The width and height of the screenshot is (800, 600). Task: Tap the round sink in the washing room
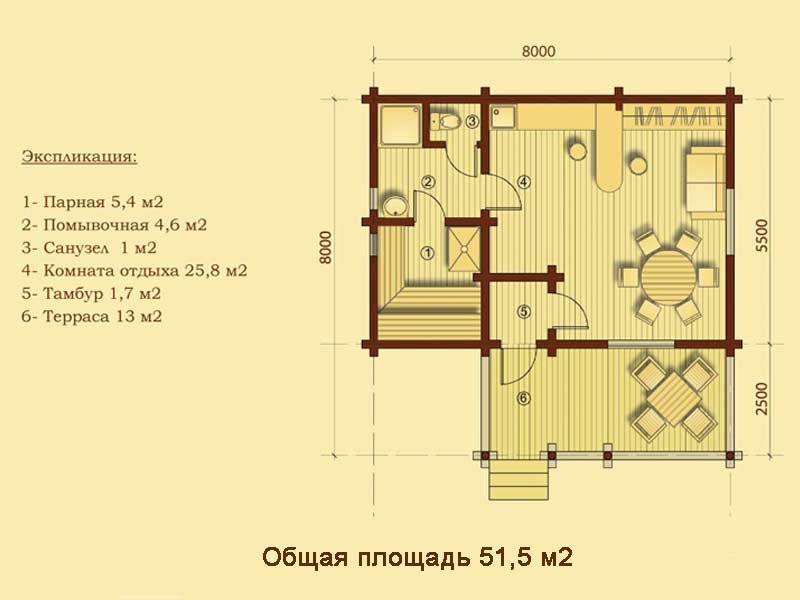point(395,206)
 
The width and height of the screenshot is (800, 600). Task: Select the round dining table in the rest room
point(668,276)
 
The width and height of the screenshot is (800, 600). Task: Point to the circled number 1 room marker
point(428,252)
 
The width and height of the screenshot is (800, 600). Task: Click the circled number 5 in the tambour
point(524,311)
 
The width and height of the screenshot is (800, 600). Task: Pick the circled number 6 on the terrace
point(524,398)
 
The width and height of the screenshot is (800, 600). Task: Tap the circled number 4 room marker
point(523,181)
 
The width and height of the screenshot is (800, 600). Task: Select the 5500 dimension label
point(762,235)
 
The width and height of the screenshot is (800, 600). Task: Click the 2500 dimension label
point(761,398)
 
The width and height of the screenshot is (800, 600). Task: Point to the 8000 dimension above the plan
point(539,52)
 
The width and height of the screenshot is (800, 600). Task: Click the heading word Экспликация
point(80,156)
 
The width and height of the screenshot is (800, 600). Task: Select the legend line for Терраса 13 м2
point(92,316)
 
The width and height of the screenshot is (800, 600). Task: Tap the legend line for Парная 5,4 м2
point(92,202)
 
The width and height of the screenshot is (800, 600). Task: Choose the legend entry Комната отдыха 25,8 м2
point(134,270)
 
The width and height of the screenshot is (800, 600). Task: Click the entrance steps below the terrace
point(520,480)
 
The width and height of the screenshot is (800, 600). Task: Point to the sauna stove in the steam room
point(464,249)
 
